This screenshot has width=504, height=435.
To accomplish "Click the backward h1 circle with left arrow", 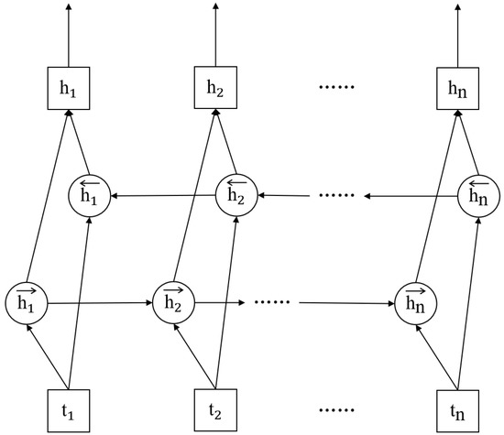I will pos(90,195).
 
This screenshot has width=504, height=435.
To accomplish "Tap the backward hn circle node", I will pos(478,195).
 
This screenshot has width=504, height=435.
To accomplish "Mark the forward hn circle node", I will pos(414,301).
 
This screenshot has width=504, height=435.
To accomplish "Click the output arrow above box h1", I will pos(68,37).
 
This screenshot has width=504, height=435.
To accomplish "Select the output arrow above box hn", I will pos(457,37).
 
